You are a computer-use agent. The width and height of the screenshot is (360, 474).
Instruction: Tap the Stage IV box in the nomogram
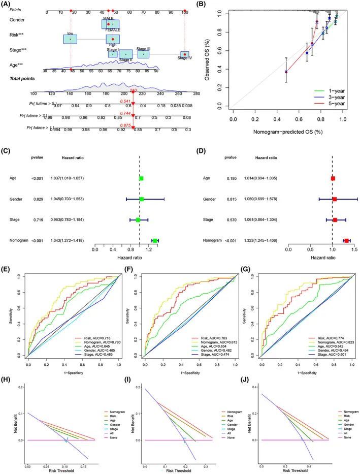tap(185, 54)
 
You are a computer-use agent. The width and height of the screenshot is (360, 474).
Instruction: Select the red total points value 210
tap(134, 90)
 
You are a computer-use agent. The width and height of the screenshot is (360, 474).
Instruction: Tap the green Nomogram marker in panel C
tap(155, 240)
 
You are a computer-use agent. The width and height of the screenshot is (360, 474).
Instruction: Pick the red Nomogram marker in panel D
tap(347, 240)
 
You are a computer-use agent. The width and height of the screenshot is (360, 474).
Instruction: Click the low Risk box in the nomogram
tap(70, 39)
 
